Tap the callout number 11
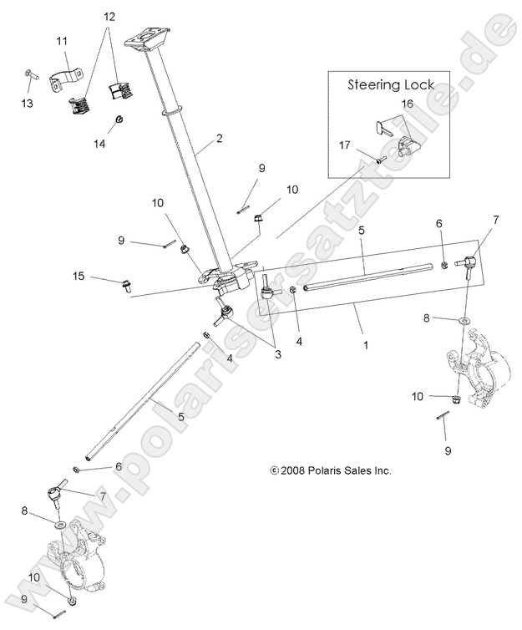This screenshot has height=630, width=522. pyautogui.click(x=63, y=41)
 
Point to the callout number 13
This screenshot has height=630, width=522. pyautogui.click(x=28, y=103)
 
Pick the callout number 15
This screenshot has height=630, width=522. pyautogui.click(x=79, y=276)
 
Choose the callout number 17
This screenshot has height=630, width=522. pyautogui.click(x=345, y=144)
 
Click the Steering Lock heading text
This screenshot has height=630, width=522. pyautogui.click(x=391, y=84)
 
